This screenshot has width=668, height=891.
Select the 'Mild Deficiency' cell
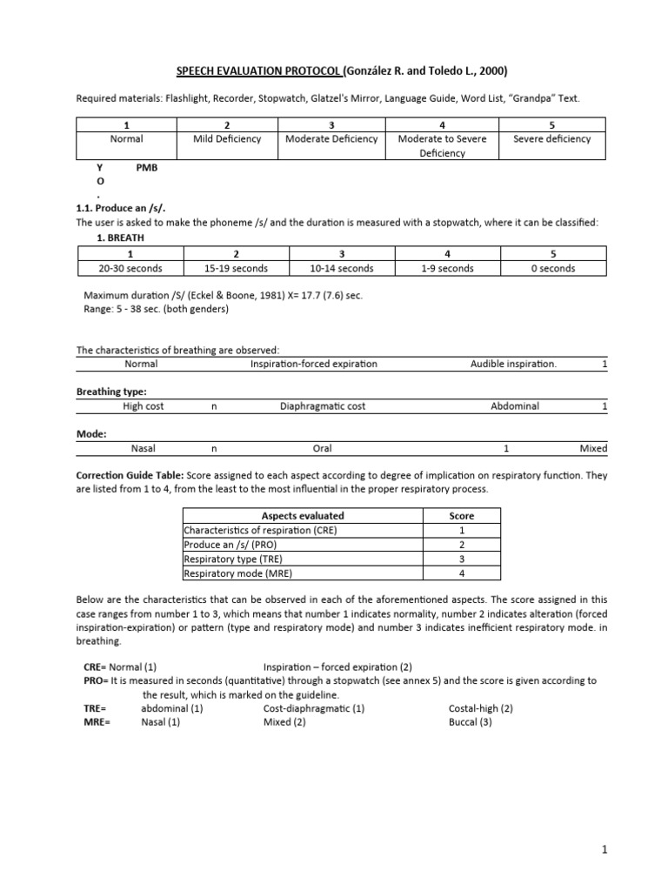coord(227,139)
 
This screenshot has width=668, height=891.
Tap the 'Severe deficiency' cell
coord(551,139)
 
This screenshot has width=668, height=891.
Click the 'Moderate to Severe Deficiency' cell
coord(442,146)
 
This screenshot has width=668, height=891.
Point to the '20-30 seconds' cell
coord(130,268)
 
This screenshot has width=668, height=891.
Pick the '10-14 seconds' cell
coord(341,268)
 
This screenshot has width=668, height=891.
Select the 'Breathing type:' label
coord(111,392)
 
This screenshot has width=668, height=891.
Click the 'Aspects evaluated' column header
coord(309,516)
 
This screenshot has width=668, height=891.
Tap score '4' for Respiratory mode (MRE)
coord(460,573)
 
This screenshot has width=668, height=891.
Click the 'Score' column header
coord(460,516)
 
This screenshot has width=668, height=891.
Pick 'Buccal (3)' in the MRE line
coord(471,722)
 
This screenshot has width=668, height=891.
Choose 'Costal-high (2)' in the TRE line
coord(481,708)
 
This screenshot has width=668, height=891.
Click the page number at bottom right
coord(601,847)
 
